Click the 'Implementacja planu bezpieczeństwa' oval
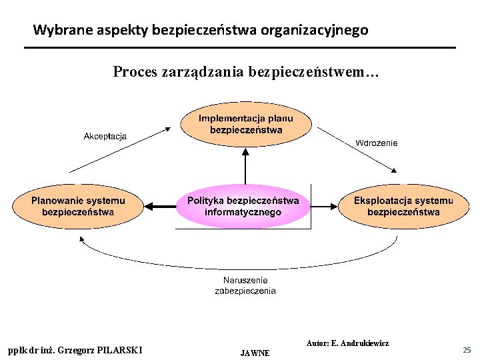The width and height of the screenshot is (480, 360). tap(246, 124)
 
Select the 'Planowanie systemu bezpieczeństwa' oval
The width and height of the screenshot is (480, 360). tap(78, 206)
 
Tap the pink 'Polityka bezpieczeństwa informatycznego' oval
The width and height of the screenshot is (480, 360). tap(243, 206)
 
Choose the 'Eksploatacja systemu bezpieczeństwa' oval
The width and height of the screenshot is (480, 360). tap(403, 206)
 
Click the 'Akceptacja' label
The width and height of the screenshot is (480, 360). tap(105, 137)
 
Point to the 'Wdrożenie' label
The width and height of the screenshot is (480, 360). tap(377, 143)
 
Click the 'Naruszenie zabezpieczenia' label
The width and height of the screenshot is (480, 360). tap(245, 285)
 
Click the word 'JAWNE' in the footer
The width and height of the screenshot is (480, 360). tap(255, 353)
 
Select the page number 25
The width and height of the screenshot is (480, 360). tap(467, 350)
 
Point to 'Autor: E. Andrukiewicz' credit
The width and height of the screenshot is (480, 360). tap(347, 343)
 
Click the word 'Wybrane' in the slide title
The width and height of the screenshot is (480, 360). tap(57, 30)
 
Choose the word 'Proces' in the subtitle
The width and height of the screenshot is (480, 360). tap(135, 71)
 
